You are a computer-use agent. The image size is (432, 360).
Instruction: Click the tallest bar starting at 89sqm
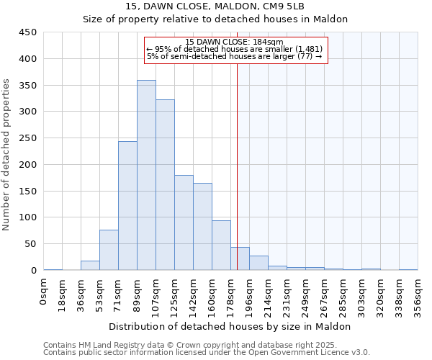pos(146,175)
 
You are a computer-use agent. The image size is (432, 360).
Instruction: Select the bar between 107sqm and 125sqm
pos(165,185)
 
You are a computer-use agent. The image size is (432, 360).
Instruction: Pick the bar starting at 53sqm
pos(109,250)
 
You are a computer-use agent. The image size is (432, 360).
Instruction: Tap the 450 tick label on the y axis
pos(28,32)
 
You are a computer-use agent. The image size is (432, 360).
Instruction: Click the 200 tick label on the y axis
pos(28,165)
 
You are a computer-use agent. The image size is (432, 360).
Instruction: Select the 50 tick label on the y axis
pos(31,244)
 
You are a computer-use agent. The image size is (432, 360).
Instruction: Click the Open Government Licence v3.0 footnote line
pos(207,352)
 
